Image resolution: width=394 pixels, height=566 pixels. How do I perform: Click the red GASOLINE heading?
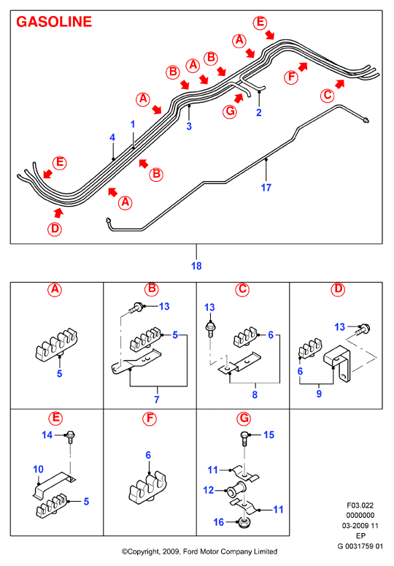coord(54,22)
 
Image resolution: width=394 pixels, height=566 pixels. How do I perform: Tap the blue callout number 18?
coord(196,266)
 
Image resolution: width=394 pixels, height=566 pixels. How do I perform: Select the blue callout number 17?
coord(266,188)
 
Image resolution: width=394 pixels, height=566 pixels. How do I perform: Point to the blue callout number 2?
coord(259,112)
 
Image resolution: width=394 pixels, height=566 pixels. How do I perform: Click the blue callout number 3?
coord(189,126)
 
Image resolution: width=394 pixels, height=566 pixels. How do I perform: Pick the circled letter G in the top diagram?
coord(230,112)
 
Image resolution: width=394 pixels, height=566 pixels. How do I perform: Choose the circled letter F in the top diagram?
coord(291,77)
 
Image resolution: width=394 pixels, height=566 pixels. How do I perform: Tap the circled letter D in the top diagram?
coord(55,229)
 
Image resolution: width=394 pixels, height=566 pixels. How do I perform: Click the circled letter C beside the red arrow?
coord(328,96)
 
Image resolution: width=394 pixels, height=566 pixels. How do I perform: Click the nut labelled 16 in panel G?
coord(243,523)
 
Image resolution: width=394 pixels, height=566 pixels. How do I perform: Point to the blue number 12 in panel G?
coord(209,490)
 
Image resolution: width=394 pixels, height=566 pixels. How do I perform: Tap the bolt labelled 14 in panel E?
coord(70,437)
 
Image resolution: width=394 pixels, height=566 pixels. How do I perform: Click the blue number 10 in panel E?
coord(38,470)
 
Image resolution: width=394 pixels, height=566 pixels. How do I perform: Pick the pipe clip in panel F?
coord(149,488)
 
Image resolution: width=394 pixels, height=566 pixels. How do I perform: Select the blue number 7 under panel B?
coord(157,399)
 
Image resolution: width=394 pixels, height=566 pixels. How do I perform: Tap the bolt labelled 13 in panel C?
coord(210,329)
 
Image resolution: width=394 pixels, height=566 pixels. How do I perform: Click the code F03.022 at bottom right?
coord(360,505)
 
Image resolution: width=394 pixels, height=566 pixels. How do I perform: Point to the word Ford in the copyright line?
coord(190,551)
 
